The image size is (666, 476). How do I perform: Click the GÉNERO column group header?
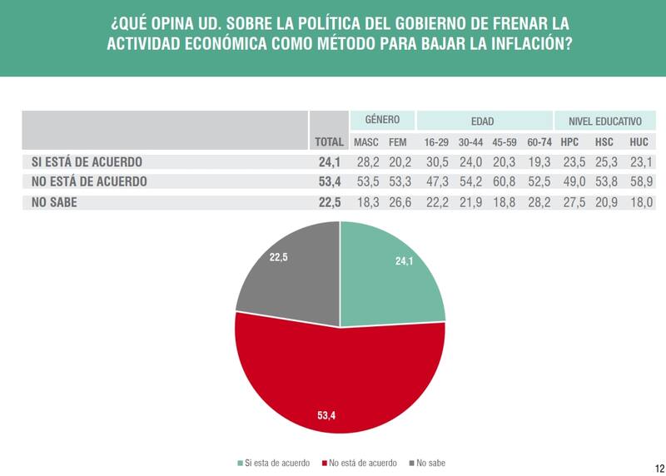382,120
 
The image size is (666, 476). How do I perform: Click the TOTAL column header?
329,142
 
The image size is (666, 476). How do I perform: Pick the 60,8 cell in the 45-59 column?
504,181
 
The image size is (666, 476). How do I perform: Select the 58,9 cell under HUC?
639,181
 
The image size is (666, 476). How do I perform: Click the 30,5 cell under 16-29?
436,161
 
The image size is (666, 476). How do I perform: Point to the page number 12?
658,467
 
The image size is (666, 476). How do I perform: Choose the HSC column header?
604,142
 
